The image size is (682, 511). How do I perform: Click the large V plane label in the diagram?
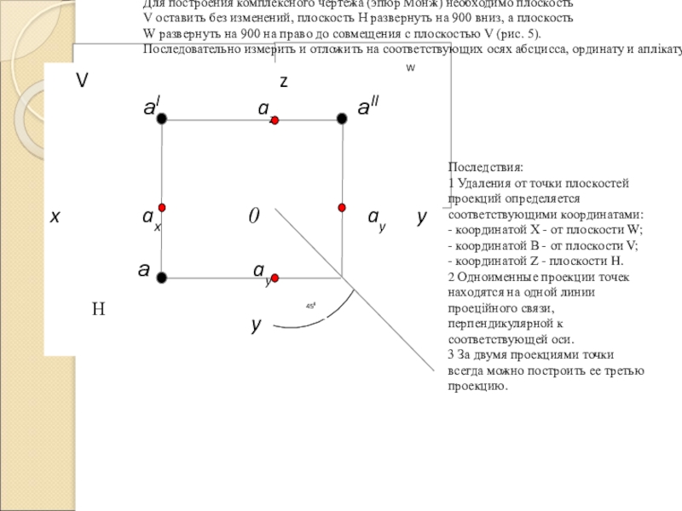pyautogui.click(x=83, y=81)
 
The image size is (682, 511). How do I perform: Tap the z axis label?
pyautogui.click(x=284, y=82)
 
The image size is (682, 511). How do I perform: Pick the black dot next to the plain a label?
pyautogui.click(x=161, y=277)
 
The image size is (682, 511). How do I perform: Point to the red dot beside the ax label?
pyautogui.click(x=161, y=208)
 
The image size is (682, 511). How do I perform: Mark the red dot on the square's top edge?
pyautogui.click(x=275, y=121)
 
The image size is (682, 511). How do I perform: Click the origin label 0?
pyautogui.click(x=253, y=216)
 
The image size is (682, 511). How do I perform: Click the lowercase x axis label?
pyautogui.click(x=55, y=217)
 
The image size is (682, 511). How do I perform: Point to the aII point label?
pyautogui.click(x=368, y=107)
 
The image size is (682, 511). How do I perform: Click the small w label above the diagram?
pyautogui.click(x=410, y=66)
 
